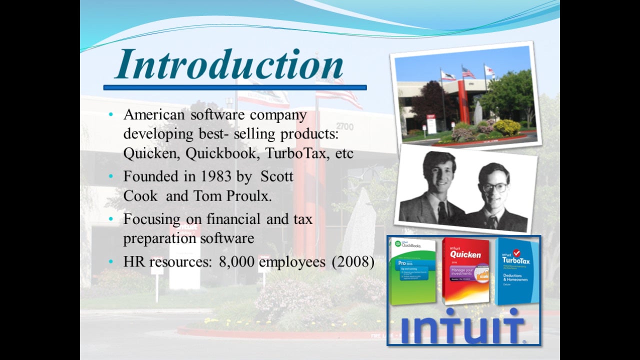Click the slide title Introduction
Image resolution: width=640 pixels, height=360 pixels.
click(229, 65)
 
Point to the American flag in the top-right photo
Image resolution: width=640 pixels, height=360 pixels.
click(468, 73)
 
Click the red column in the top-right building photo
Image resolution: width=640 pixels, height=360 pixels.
click(463, 102)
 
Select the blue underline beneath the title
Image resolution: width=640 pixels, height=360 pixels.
click(235, 87)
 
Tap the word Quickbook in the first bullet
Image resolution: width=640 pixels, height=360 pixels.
click(220, 153)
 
